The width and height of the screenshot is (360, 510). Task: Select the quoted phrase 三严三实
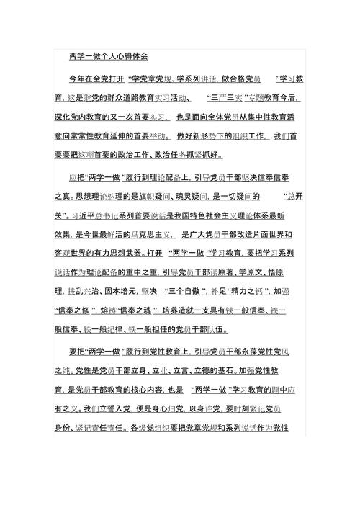click(224, 97)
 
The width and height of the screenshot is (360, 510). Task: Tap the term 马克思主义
click(150, 233)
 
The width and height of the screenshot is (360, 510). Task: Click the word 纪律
click(115, 331)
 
